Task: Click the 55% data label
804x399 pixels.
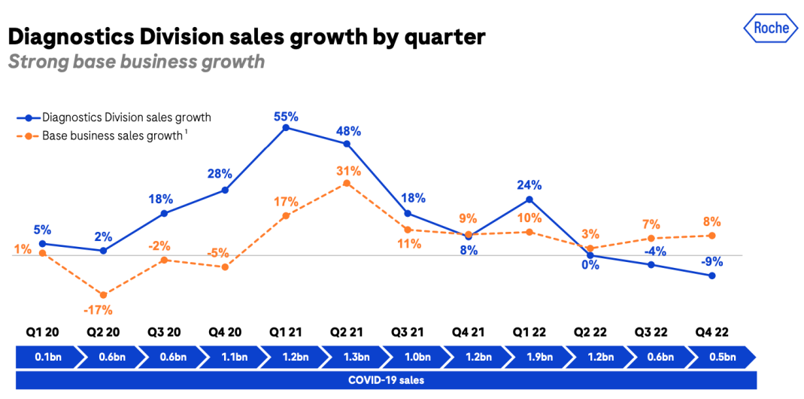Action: point(286,117)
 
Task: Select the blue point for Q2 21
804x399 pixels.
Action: point(347,143)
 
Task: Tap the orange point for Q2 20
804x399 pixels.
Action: point(103,294)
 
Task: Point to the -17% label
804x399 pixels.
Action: point(99,309)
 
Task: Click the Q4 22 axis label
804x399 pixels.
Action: point(711,332)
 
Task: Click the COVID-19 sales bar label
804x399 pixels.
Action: point(386,380)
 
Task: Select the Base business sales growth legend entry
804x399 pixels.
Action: point(112,136)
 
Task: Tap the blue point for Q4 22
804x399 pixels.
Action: point(711,276)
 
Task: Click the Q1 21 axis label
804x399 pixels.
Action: point(286,332)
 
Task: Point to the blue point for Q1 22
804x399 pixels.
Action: point(529,200)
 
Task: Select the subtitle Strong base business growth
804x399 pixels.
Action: point(136,61)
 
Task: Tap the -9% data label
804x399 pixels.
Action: point(711,262)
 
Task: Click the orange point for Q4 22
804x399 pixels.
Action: point(711,236)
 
